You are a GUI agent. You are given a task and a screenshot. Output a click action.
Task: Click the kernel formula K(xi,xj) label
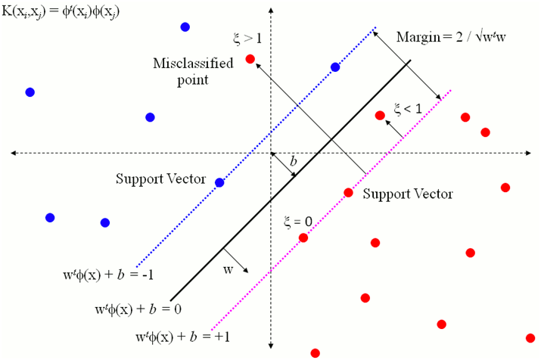click(61, 12)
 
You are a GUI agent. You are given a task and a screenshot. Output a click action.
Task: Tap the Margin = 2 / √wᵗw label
click(451, 37)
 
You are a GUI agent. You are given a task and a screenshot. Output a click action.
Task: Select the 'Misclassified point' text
click(193, 72)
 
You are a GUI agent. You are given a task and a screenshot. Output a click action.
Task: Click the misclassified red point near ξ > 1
click(250, 59)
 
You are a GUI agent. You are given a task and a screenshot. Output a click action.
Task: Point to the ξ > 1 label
click(247, 38)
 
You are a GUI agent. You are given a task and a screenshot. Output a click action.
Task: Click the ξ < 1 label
click(408, 109)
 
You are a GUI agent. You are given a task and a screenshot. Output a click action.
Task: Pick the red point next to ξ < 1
click(380, 116)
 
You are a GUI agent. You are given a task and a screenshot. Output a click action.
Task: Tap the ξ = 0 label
click(298, 222)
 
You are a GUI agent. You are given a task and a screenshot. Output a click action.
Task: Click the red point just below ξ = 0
click(303, 237)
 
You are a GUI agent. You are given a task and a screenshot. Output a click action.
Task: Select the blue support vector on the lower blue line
click(219, 182)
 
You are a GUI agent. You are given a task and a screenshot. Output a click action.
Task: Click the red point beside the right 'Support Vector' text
click(349, 193)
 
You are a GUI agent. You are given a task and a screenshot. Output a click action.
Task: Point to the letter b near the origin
click(294, 161)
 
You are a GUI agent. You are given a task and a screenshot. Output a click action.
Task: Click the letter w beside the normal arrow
click(228, 270)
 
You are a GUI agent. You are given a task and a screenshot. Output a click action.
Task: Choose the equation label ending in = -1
click(108, 275)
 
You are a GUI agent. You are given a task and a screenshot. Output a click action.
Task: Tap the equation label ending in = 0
click(138, 309)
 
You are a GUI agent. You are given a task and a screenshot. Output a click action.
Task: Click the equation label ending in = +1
click(183, 337)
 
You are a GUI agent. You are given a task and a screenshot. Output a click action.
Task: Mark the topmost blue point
click(185, 27)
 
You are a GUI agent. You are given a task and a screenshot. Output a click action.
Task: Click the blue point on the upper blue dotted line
click(335, 67)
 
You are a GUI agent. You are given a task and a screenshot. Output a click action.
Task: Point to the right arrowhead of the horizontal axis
click(529, 153)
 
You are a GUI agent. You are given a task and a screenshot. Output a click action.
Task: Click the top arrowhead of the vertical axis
click(271, 11)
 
